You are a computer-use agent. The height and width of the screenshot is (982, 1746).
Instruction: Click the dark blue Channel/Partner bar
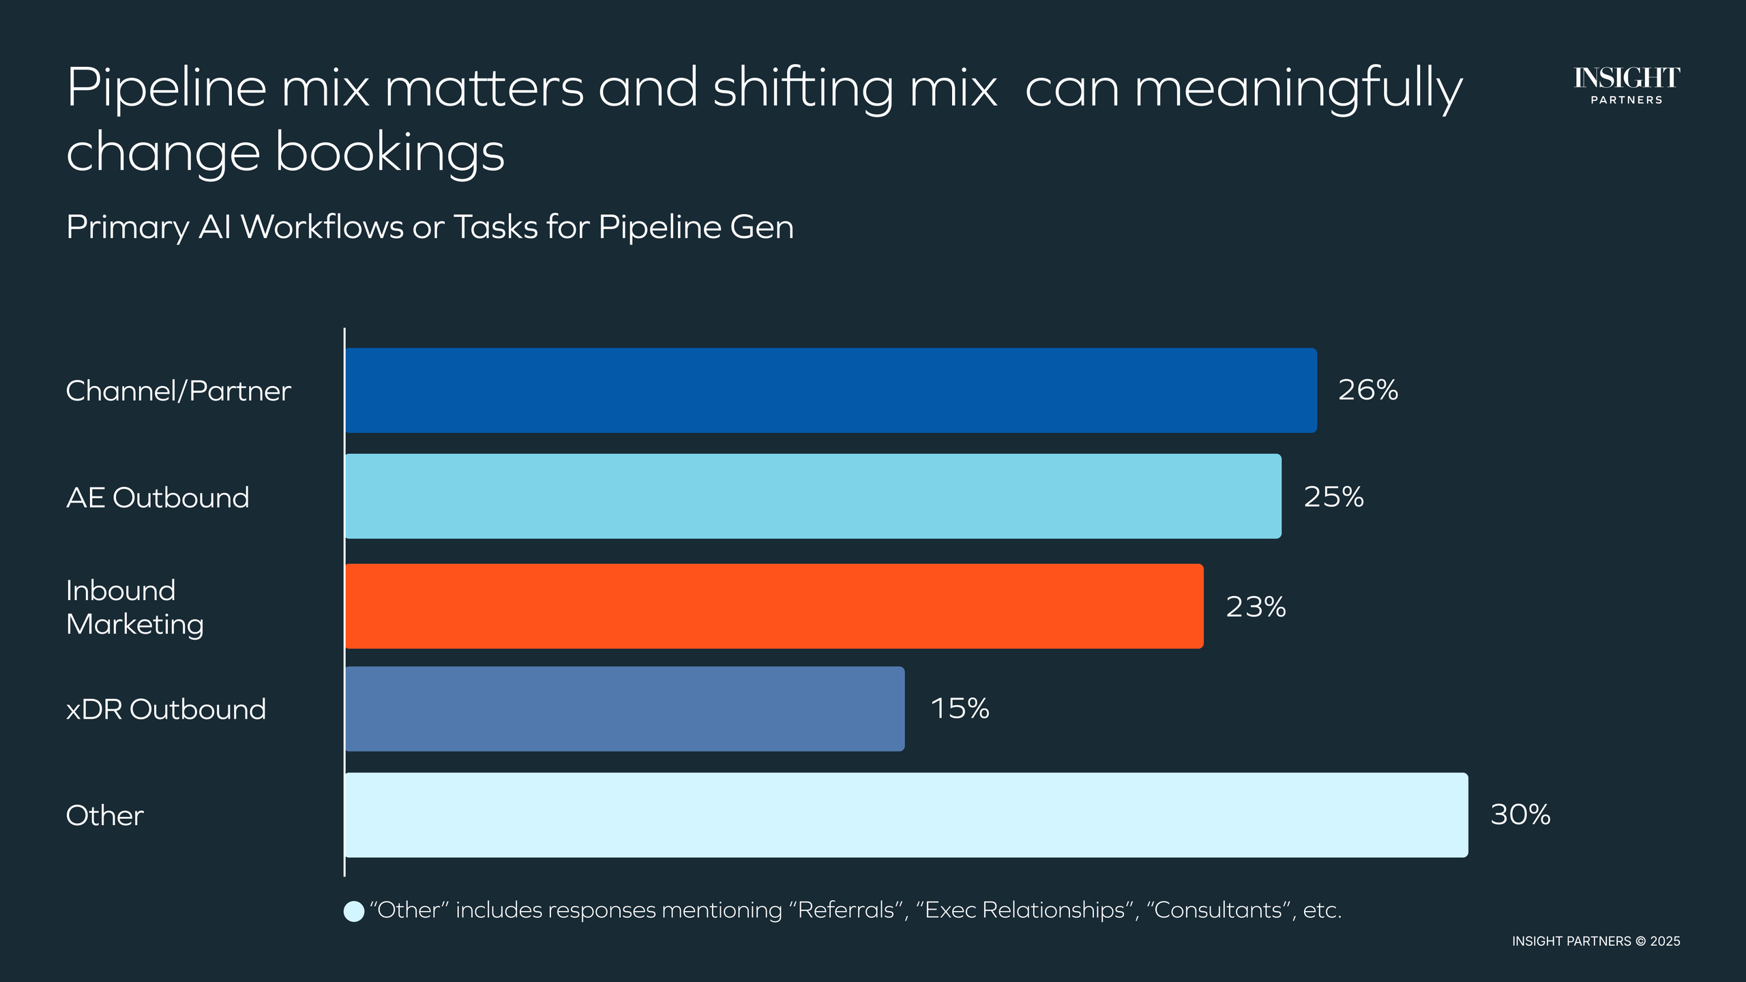click(x=831, y=390)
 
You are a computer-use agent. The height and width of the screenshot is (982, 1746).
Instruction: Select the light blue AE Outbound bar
click(x=813, y=496)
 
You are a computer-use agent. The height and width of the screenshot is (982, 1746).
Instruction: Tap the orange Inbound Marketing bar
click(x=774, y=606)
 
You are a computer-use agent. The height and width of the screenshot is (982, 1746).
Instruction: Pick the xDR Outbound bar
click(x=625, y=709)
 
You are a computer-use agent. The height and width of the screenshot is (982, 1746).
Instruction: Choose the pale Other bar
click(x=906, y=815)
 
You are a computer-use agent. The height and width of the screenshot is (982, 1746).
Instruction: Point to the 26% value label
click(x=1367, y=390)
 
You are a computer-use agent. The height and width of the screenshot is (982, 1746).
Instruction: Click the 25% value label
click(x=1333, y=496)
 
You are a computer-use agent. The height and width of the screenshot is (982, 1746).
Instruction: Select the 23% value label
click(x=1256, y=606)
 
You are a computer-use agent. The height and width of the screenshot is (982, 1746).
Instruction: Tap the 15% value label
click(x=960, y=709)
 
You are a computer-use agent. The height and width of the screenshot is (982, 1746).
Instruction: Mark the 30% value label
click(x=1520, y=814)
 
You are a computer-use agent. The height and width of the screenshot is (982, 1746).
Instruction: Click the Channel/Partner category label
click(x=178, y=391)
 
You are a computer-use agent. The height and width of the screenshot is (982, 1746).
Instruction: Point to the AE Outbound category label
click(x=158, y=497)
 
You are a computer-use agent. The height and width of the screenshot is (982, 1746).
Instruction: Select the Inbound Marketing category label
click(x=135, y=607)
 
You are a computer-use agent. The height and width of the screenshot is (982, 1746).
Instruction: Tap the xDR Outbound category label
click(x=166, y=709)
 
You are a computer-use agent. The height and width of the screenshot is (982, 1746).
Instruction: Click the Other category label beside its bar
click(x=104, y=816)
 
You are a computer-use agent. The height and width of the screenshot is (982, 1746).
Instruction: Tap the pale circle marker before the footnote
click(x=354, y=911)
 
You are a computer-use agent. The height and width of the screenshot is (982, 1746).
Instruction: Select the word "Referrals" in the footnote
click(x=846, y=910)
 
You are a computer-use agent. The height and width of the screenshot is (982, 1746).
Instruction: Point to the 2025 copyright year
click(x=1665, y=941)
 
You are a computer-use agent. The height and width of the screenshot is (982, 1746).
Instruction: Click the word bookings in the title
click(x=389, y=153)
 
